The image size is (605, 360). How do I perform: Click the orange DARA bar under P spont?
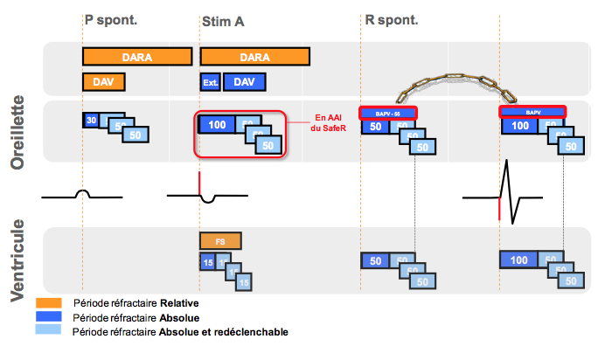[x=137, y=56]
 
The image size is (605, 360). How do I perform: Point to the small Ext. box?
[x=210, y=83]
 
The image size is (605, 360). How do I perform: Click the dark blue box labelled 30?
[x=90, y=120]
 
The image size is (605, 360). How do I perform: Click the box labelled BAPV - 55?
[x=388, y=112]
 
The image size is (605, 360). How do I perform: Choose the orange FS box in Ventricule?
[x=220, y=239]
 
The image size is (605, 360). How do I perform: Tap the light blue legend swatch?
[x=53, y=332]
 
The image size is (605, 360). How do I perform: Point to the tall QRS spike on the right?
[x=507, y=183]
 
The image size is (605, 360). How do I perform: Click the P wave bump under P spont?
[x=83, y=193]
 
